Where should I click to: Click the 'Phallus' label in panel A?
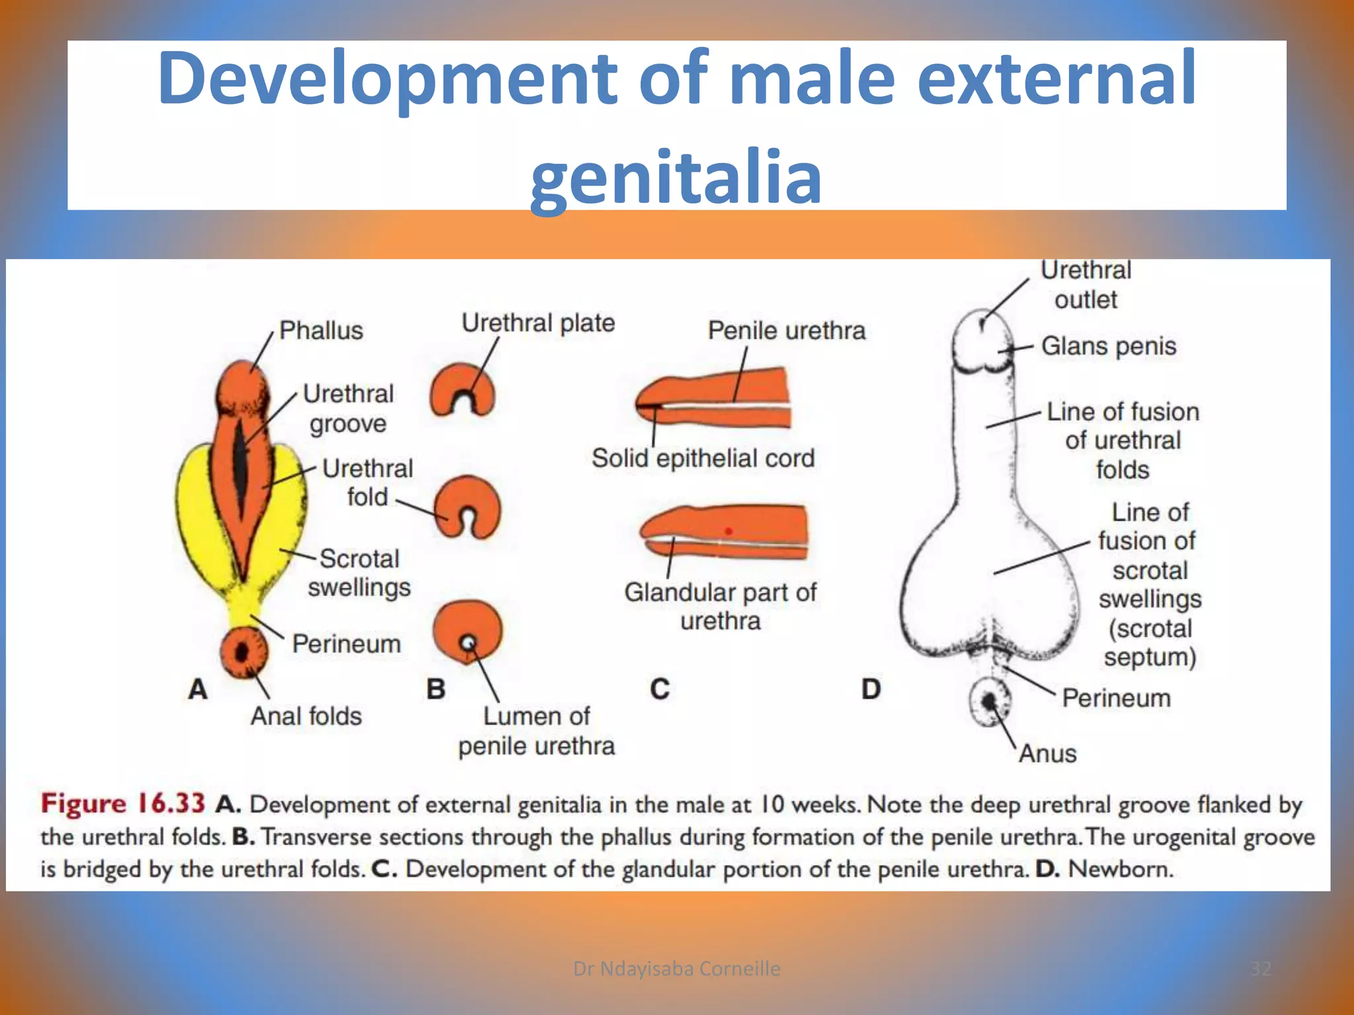tap(321, 330)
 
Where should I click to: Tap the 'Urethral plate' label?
tap(538, 323)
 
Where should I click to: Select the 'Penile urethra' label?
tap(786, 330)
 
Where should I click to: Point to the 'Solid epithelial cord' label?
tap(703, 458)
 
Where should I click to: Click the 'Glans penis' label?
tap(1109, 346)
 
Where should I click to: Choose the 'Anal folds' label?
tap(306, 716)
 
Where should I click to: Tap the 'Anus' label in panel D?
tap(1047, 754)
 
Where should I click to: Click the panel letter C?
tap(660, 689)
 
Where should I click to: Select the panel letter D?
tap(871, 689)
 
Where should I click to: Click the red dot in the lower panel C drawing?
tap(728, 531)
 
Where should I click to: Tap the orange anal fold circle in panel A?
tap(243, 652)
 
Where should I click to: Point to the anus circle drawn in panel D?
tap(990, 701)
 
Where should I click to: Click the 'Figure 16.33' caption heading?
tap(123, 804)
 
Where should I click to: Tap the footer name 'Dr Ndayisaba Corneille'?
tap(676, 969)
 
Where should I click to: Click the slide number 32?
tap(1260, 969)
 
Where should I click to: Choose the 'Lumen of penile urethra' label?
tap(536, 731)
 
